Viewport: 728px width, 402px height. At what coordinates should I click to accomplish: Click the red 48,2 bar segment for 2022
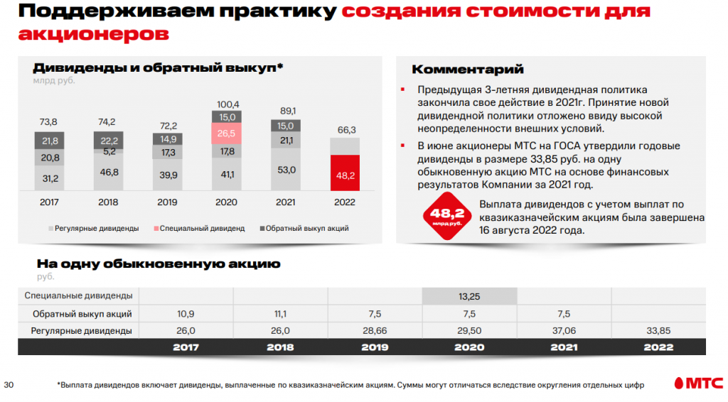[345, 173]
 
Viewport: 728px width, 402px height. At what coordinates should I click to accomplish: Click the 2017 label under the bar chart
[49, 202]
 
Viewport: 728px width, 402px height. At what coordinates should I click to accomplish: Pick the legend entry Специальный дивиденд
[203, 229]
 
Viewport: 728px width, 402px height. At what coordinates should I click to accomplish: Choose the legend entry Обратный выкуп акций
[309, 229]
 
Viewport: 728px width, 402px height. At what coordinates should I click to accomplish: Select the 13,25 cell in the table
[469, 295]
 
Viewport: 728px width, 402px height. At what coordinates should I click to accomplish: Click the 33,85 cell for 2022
[658, 330]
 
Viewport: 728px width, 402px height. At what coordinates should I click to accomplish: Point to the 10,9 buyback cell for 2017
[186, 313]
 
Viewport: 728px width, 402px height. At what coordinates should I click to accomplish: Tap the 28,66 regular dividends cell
[375, 330]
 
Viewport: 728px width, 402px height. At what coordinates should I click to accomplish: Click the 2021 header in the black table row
[563, 347]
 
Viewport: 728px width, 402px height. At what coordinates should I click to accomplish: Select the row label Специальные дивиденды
[78, 295]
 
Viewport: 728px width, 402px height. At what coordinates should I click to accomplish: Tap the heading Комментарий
[468, 70]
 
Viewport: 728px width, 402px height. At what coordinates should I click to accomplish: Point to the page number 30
[9, 385]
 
